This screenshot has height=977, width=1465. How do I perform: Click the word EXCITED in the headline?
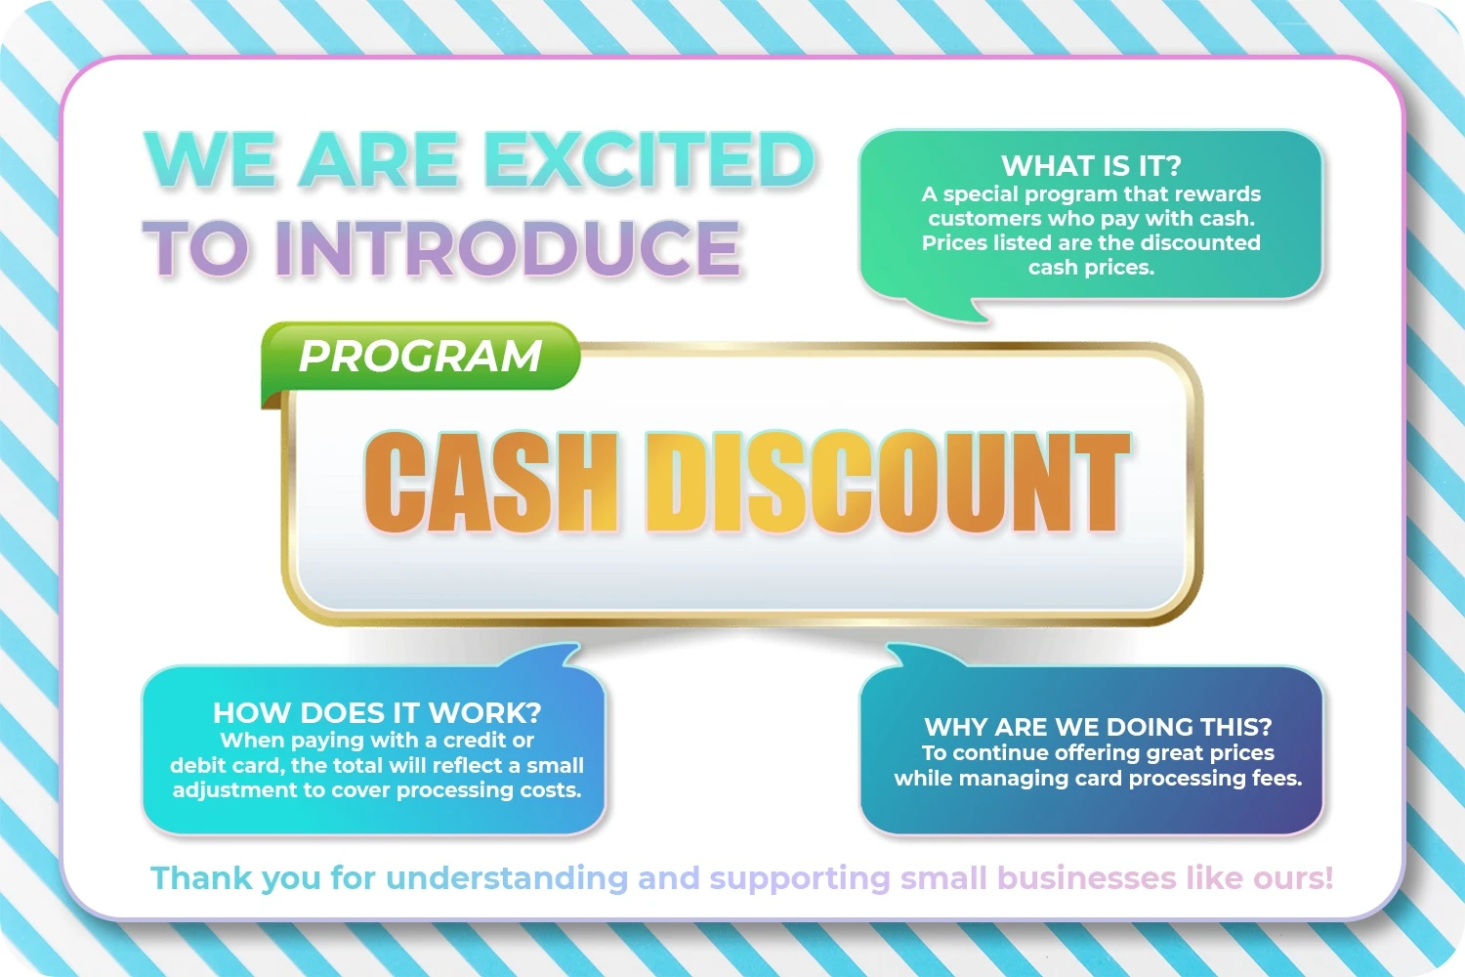[x=649, y=159]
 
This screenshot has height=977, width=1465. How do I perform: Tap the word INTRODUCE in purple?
[x=508, y=248]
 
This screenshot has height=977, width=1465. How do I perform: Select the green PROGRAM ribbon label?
[x=421, y=356]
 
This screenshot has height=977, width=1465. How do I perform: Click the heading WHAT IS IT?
[x=1091, y=165]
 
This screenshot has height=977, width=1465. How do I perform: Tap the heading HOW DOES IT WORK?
[x=377, y=712]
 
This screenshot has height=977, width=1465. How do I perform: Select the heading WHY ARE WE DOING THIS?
[x=1098, y=726]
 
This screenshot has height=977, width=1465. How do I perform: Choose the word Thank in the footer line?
[x=201, y=877]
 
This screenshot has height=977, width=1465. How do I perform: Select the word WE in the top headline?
[x=210, y=159]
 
